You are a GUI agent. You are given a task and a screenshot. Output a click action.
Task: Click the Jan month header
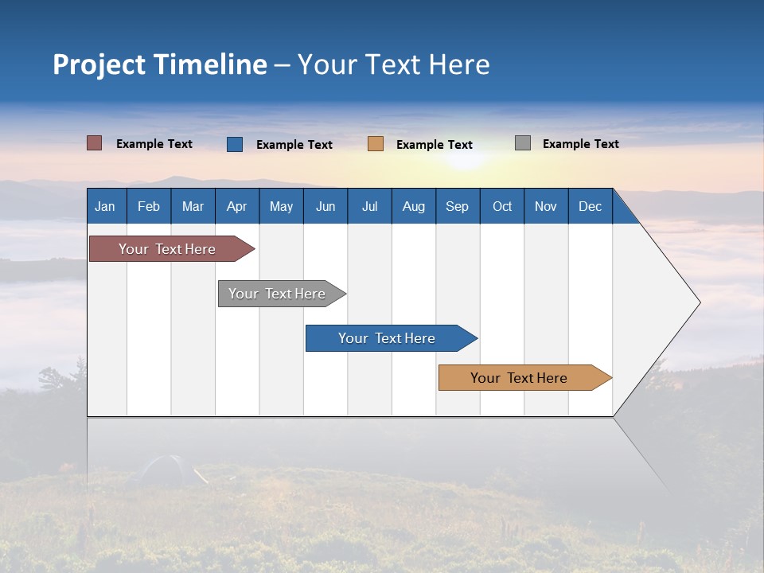(x=106, y=206)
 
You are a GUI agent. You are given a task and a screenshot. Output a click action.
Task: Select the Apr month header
(x=237, y=206)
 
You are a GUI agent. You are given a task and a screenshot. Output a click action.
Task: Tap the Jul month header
(x=369, y=206)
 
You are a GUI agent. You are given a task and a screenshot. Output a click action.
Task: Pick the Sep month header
(x=458, y=206)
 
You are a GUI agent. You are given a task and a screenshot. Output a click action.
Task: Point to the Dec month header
(x=590, y=206)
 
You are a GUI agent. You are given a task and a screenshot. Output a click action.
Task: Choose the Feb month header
(x=149, y=206)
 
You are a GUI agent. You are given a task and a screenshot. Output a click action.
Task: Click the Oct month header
(x=502, y=206)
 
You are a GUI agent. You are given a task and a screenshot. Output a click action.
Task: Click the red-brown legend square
(x=95, y=143)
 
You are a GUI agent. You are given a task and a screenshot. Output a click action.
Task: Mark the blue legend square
(x=235, y=144)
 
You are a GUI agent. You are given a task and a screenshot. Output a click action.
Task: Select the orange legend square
(x=376, y=144)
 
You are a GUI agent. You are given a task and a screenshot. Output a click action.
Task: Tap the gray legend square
(x=523, y=143)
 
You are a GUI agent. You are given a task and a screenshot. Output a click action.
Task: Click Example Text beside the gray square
(x=580, y=144)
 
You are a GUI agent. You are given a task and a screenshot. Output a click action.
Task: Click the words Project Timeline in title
(x=160, y=64)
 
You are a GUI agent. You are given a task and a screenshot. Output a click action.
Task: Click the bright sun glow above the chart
(x=462, y=159)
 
